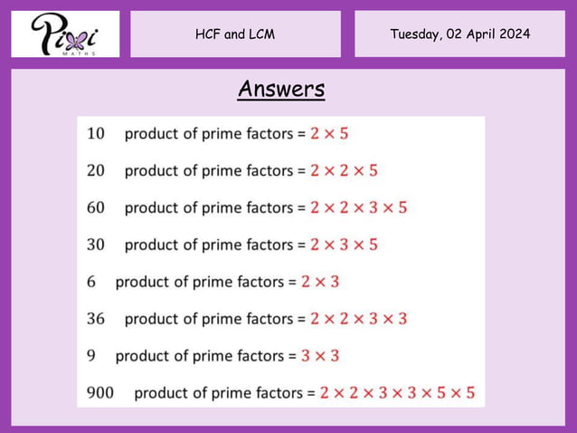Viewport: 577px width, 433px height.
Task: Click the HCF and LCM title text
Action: coord(235,34)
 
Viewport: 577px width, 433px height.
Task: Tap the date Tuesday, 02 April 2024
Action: coord(459,34)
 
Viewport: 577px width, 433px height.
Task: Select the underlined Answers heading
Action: coord(281,90)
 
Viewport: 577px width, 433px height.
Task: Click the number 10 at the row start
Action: coord(95,133)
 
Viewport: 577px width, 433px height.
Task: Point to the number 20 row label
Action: coord(95,170)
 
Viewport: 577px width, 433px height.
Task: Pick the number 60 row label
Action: coord(95,207)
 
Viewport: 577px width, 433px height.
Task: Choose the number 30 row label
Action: coord(95,245)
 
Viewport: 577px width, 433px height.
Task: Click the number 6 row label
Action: coord(91,282)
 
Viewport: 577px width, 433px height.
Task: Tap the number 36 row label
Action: coord(95,319)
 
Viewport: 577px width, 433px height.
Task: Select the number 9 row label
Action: coord(91,356)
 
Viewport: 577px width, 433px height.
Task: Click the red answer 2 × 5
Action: coord(329,133)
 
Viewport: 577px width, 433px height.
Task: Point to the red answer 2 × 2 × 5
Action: coord(344,170)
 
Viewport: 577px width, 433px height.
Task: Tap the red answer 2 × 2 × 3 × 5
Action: coord(358,207)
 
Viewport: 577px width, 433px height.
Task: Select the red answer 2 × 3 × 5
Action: coord(344,245)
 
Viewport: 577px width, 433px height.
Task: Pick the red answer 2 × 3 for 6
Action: coord(320,282)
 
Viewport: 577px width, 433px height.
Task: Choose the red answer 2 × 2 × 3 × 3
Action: coord(358,319)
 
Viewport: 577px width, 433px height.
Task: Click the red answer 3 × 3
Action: coord(320,356)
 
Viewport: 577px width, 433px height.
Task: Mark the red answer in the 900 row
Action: coord(397,393)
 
